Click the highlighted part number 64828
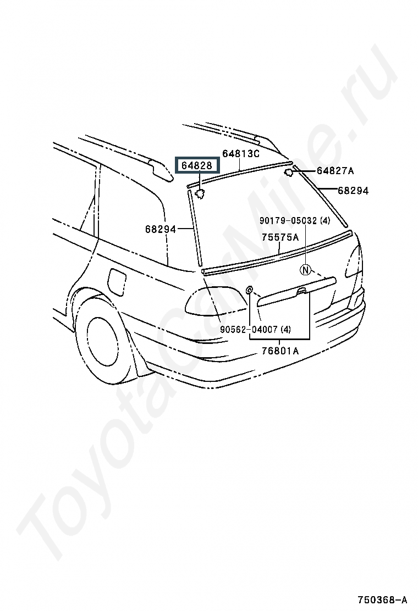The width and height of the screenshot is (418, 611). tap(197, 165)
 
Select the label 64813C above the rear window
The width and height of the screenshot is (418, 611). tap(240, 153)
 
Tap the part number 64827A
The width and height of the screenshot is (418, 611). tap(335, 171)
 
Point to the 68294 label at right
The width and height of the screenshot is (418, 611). tap(353, 191)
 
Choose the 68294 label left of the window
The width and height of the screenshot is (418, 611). tap(161, 229)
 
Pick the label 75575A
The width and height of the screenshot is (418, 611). tap(280, 237)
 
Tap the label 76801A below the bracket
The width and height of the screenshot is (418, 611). tap(280, 351)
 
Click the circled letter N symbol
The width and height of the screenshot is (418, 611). tap(306, 270)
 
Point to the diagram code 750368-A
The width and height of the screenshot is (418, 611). tap(382, 599)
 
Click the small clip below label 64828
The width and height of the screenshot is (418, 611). tap(200, 193)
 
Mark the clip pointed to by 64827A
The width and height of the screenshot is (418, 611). tap(289, 172)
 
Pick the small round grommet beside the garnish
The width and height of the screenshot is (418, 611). tap(249, 290)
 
